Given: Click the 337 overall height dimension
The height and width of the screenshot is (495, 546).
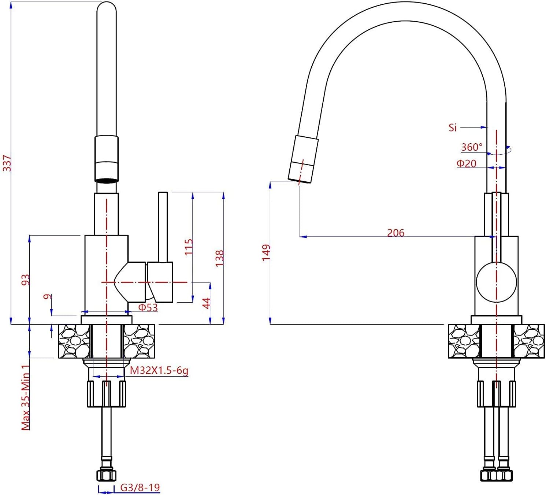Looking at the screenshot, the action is pos(7,163).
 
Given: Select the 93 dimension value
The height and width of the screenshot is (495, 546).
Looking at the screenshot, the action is pos(25,280).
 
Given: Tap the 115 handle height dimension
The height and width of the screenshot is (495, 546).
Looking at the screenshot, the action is pos(189,247).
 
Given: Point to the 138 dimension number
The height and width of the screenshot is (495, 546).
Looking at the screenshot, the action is pos(219,258).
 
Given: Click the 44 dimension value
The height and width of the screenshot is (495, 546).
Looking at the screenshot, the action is pos(207,303).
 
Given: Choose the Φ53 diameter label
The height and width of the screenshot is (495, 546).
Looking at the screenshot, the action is pos(148,307).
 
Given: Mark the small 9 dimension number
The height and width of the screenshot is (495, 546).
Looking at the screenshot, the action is pos(47,296).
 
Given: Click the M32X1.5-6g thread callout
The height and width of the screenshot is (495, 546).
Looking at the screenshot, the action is pos(159,370).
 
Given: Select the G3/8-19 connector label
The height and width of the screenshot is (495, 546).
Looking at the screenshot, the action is pos(140,487).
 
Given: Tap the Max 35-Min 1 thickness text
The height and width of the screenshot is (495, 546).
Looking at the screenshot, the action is pos(25,398).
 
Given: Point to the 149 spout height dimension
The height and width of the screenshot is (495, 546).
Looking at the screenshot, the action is pos(266,252).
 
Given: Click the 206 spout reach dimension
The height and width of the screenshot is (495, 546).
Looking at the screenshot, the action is pos(396,233).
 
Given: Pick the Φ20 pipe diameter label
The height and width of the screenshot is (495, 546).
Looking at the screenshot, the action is pos(467,163).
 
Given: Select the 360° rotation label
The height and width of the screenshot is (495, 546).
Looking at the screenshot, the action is pos(472,147).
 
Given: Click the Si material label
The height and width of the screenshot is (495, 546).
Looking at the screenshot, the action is pos(452,128).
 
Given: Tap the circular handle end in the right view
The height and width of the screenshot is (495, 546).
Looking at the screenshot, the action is pos(497,282).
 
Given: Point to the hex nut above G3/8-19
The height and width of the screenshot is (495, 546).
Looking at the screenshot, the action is pos(107,475).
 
